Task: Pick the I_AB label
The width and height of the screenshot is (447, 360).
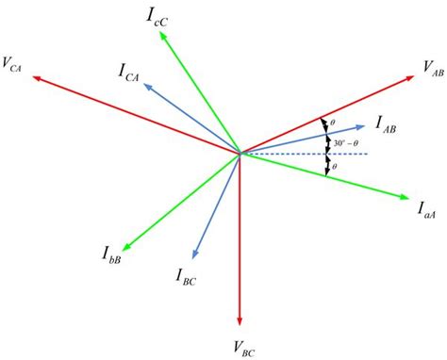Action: click(389, 122)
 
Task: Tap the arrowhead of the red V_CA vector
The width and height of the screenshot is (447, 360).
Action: click(36, 79)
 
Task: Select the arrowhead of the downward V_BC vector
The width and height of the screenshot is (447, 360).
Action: click(240, 320)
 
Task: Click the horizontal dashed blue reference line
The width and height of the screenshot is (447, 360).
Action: click(311, 153)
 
